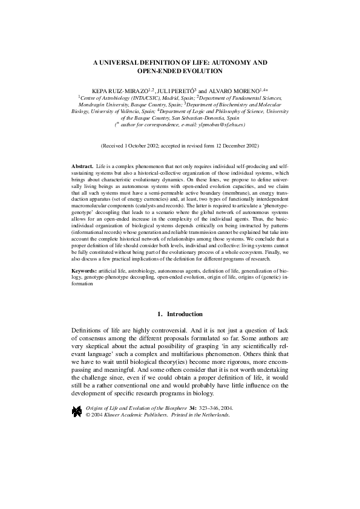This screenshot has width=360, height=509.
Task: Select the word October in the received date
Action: coord(145,146)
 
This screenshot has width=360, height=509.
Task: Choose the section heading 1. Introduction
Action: coord(180,314)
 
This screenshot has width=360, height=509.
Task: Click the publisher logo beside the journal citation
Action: coord(77,412)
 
